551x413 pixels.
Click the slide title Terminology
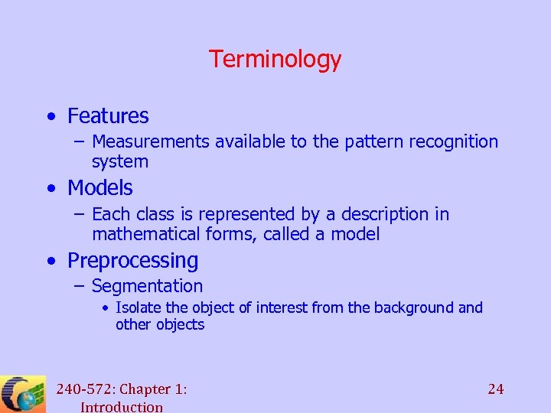pos(275,59)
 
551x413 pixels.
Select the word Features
pos(108,116)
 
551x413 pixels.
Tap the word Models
pos(100,188)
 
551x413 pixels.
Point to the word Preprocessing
pos(132,261)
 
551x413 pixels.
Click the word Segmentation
pos(147,287)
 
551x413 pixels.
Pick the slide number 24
pos(496,389)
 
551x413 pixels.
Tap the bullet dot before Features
pos(50,117)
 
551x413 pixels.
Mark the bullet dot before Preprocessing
pos(50,262)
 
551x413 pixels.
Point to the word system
pos(120,162)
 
